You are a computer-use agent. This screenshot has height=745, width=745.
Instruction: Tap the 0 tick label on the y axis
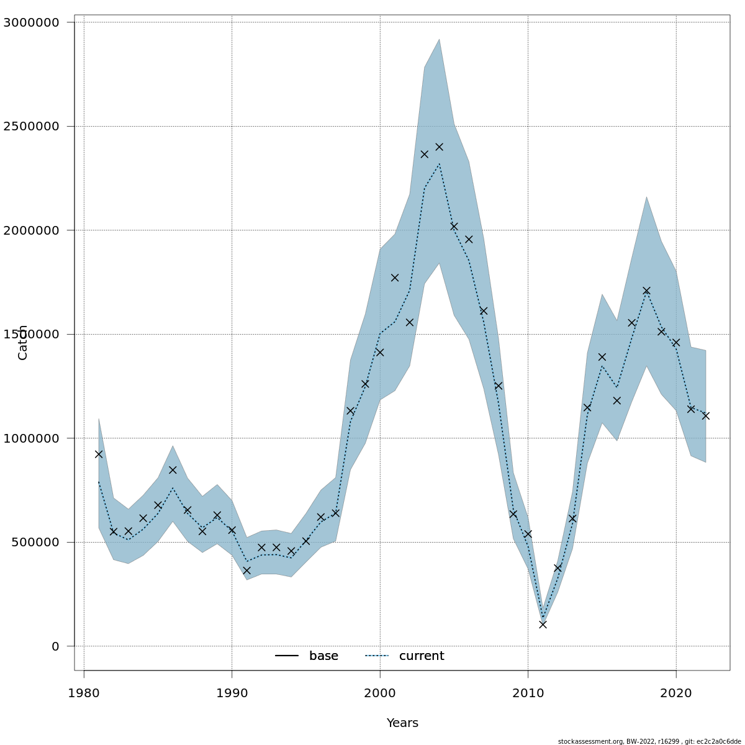55,646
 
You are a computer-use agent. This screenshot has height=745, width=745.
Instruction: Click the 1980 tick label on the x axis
84,693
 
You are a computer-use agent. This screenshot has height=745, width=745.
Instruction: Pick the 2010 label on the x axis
528,693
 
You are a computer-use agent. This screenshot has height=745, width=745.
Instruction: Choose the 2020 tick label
676,693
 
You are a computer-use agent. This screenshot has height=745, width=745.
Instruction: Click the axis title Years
402,723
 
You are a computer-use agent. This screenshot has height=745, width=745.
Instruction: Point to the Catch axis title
23,342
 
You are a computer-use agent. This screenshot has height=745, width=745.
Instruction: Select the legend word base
323,656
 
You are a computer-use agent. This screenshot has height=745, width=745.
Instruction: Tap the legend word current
422,656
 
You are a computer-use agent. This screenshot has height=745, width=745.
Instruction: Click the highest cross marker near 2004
439,147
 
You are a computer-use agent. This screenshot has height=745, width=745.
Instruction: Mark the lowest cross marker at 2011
543,625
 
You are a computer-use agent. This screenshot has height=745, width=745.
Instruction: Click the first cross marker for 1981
99,454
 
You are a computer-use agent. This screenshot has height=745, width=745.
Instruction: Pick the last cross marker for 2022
706,416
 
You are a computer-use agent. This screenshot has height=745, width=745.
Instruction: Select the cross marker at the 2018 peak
646,291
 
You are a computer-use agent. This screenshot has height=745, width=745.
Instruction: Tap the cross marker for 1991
246,571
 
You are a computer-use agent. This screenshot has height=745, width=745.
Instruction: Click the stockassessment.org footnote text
649,741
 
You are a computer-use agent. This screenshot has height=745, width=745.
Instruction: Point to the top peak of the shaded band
439,40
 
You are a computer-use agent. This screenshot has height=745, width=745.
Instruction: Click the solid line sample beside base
287,656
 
